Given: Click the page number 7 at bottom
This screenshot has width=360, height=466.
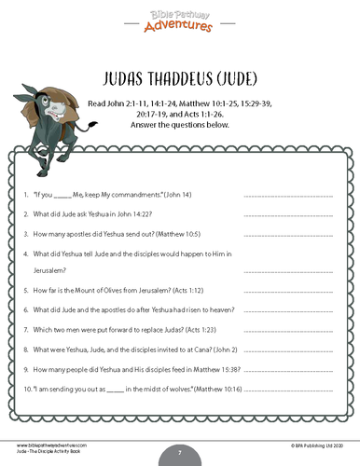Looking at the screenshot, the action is pyautogui.click(x=180, y=453).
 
